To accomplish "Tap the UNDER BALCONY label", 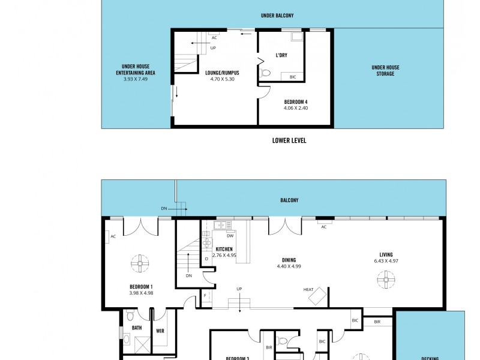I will tap(277, 15).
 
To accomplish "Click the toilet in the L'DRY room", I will tap(267, 73).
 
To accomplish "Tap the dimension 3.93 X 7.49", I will tap(135, 79).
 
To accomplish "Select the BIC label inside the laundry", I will tap(293, 77).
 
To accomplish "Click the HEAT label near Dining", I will tap(308, 290).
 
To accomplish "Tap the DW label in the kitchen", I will tap(230, 236).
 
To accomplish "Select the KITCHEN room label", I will tap(224, 249).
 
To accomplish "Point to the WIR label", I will tap(160, 330).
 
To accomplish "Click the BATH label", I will tap(137, 328).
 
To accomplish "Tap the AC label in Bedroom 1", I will tap(113, 236).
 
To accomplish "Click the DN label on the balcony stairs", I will tap(164, 208).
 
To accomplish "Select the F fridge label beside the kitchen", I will tap(205, 296).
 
